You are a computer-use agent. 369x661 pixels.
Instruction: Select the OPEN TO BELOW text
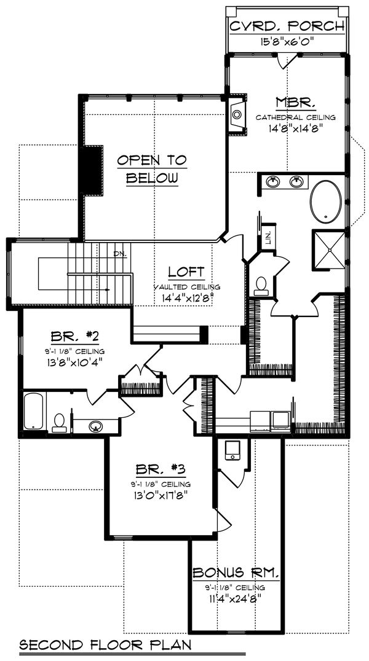pyautogui.click(x=152, y=169)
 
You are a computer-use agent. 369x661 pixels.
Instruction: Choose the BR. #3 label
pyautogui.click(x=159, y=469)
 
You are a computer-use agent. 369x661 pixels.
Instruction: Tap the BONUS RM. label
pyautogui.click(x=236, y=573)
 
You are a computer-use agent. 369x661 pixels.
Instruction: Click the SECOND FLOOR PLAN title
pyautogui.click(x=105, y=645)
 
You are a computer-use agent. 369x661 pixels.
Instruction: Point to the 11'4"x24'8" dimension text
pyautogui.click(x=236, y=595)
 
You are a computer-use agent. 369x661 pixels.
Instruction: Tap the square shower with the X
pyautogui.click(x=329, y=249)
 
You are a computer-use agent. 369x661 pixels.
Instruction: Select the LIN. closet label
pyautogui.click(x=268, y=238)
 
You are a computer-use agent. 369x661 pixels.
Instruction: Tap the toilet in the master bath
pyautogui.click(x=261, y=284)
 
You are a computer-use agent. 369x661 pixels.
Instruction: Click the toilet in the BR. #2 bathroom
pyautogui.click(x=60, y=421)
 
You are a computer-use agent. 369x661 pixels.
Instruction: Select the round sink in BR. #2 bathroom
pyautogui.click(x=95, y=426)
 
